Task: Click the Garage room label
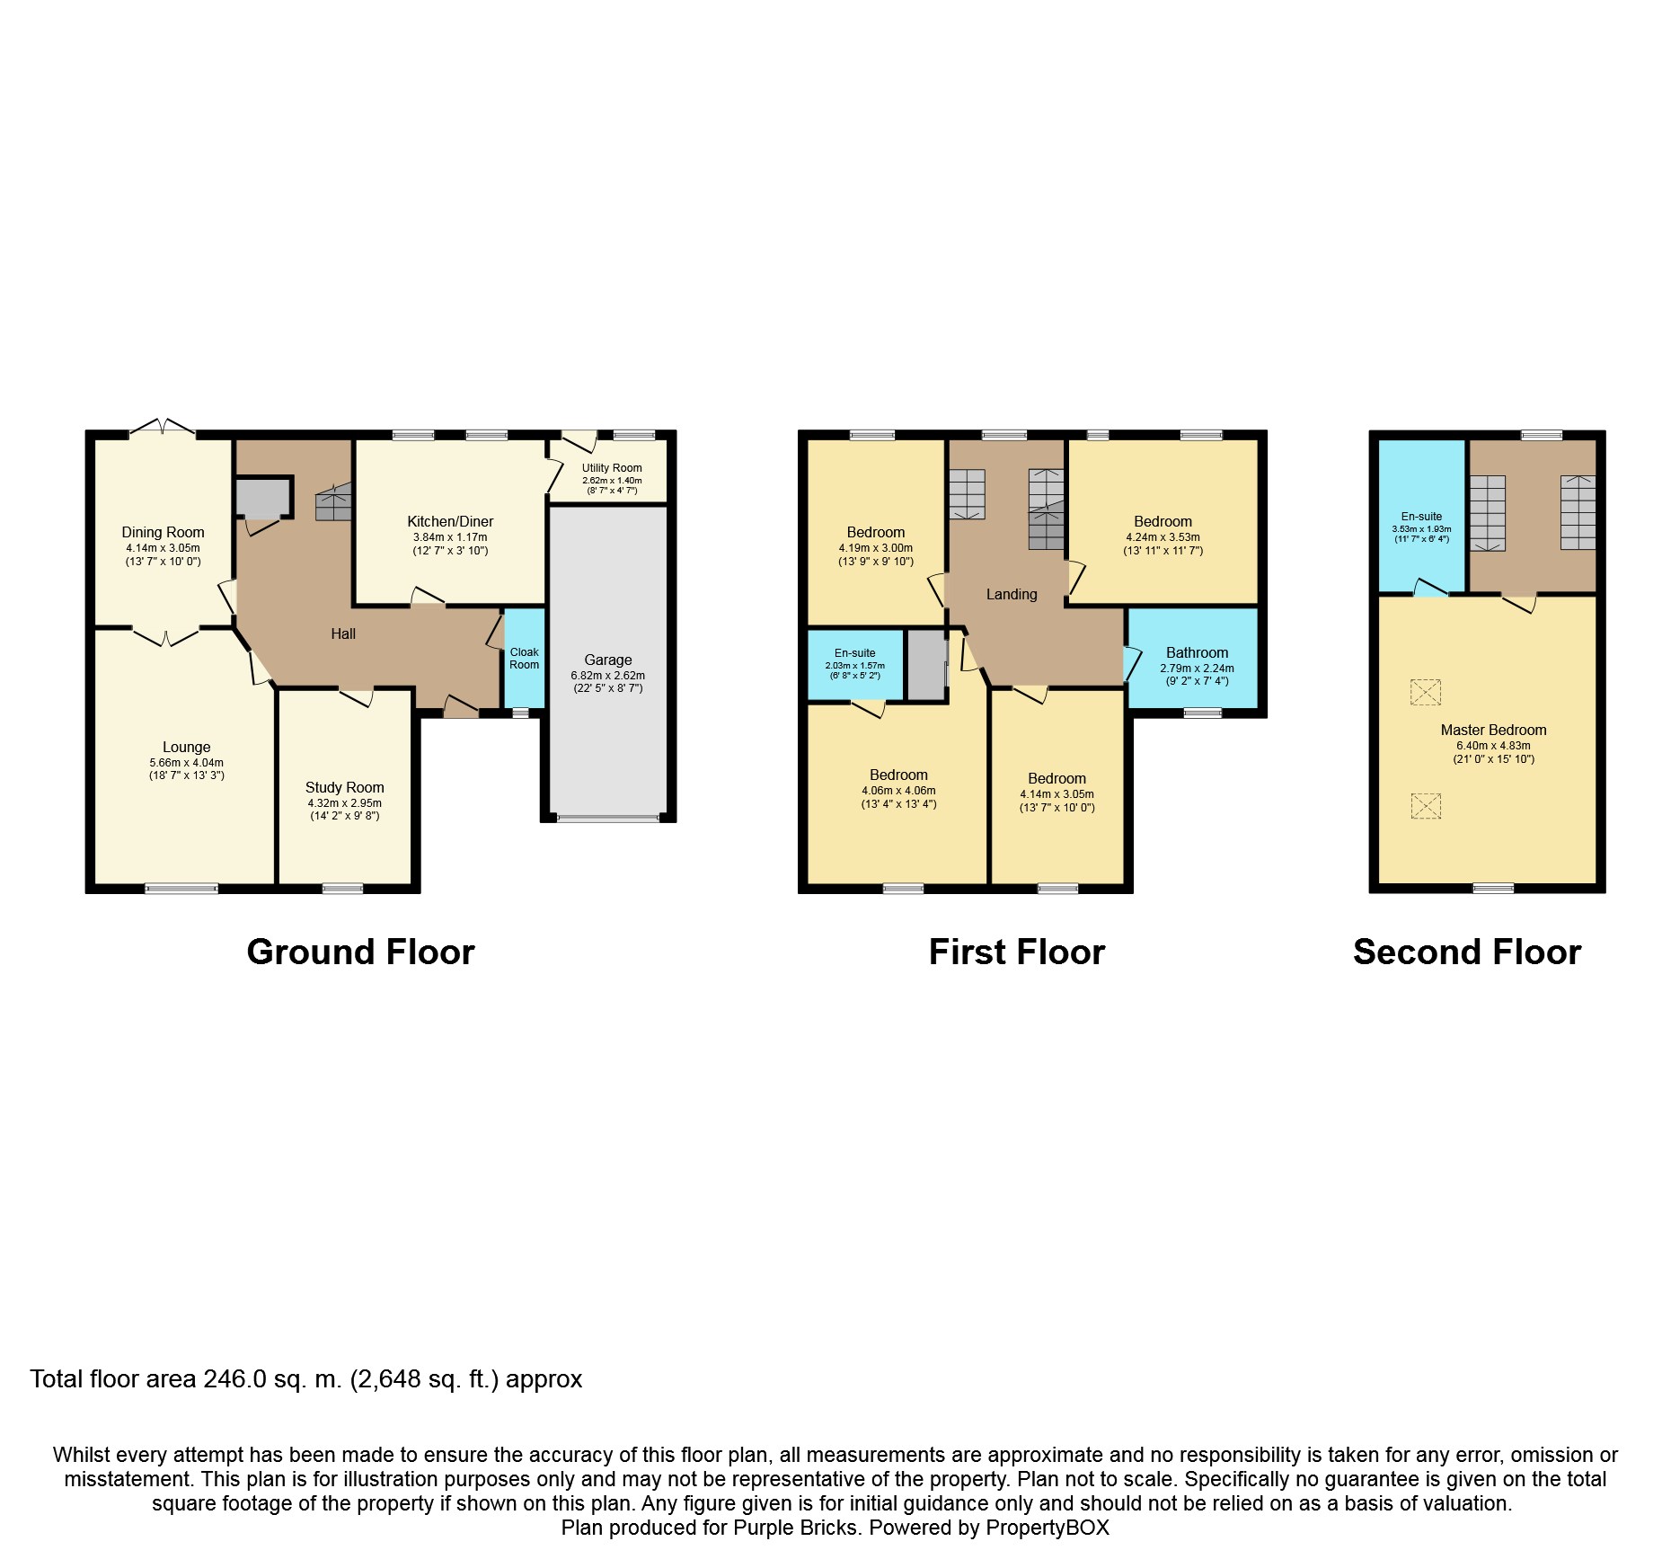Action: point(607,660)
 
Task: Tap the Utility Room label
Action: point(612,467)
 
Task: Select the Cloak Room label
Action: point(524,659)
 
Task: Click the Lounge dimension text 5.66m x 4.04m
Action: point(187,763)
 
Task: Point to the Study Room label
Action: point(344,787)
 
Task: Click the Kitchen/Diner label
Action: point(450,521)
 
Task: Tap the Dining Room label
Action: point(163,532)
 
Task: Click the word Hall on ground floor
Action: point(343,633)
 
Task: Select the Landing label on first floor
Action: point(1012,594)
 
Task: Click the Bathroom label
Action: point(1197,652)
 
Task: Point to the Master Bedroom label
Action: point(1493,730)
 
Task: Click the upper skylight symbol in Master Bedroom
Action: point(1426,692)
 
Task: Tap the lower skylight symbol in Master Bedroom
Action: point(1426,805)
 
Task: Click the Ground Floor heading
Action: point(360,952)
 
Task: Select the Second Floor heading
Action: point(1466,952)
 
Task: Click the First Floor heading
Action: point(1016,952)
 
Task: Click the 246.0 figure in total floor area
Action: point(234,1379)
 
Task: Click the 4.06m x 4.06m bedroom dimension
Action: point(898,791)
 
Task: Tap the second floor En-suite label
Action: point(1421,517)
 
